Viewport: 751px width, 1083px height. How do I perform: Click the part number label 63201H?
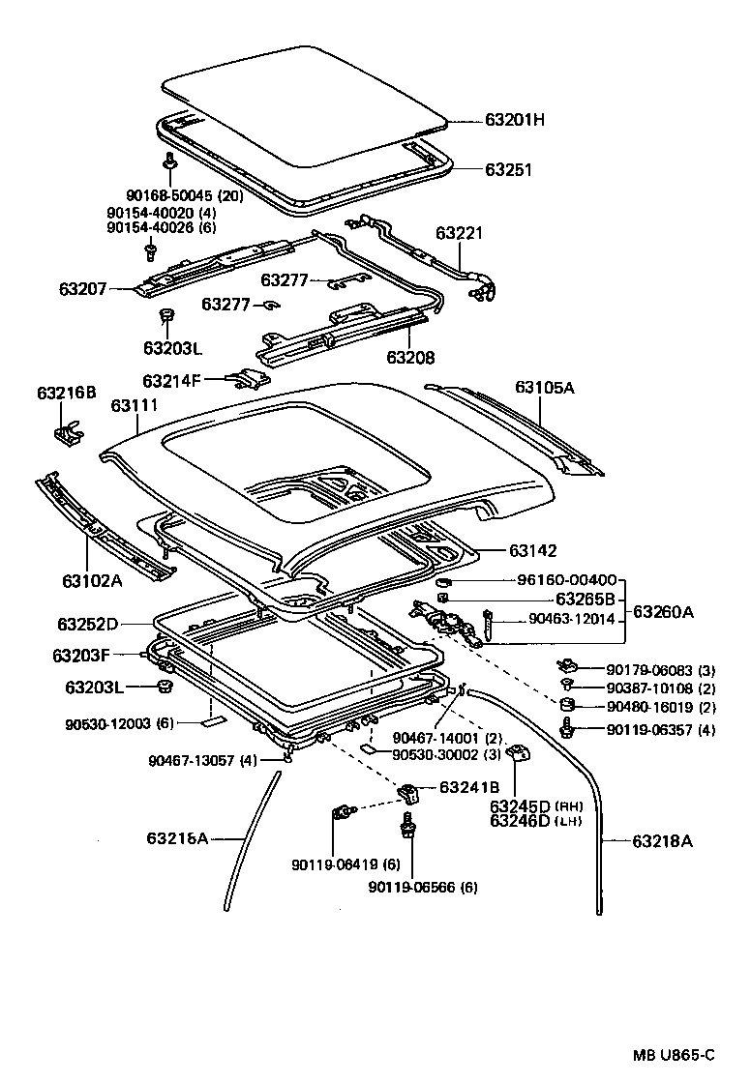coord(515,121)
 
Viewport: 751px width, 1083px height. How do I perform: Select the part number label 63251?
coord(509,169)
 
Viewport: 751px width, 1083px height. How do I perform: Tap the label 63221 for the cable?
coord(459,233)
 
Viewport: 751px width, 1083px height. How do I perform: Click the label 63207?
coord(83,287)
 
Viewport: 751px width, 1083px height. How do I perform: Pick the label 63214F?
coord(171,380)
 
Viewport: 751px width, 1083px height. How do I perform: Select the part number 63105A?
coord(545,388)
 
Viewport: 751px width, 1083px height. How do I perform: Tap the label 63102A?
coord(92,581)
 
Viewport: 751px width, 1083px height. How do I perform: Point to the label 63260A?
coord(663,611)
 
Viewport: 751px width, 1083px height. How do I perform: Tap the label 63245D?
coord(520,806)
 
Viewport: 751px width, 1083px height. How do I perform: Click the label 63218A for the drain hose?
coord(663,841)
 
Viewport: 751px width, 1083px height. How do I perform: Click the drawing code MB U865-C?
coord(675,1054)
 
